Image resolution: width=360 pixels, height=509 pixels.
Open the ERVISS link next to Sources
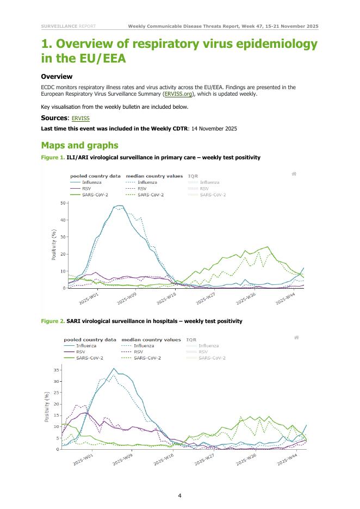tap(80, 118)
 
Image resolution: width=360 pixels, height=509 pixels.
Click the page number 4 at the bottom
tap(179, 495)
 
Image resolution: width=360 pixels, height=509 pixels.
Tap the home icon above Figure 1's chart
tap(294, 174)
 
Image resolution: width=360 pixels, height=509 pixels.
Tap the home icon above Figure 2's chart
tap(296, 338)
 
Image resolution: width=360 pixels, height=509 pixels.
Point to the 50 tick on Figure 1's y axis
tap(63, 203)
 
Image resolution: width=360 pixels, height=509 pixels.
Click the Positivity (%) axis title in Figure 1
tap(54, 245)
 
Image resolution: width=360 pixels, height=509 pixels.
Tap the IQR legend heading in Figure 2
tap(191, 340)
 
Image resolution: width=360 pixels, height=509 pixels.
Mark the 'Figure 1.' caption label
tap(52, 158)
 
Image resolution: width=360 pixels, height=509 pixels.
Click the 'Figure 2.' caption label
tap(52, 321)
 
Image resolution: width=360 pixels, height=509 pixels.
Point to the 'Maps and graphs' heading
tap(79, 145)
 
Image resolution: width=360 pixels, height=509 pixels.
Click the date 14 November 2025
tap(215, 128)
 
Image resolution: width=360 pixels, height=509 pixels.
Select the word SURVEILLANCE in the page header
tap(59, 26)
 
